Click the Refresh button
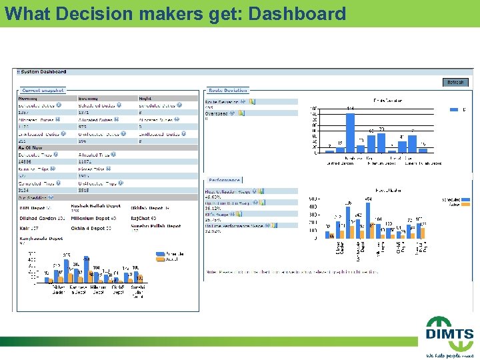(x=455, y=83)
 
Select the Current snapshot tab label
(x=43, y=90)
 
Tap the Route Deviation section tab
(x=227, y=90)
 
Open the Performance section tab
(x=224, y=180)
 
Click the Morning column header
(x=27, y=98)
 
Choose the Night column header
(x=145, y=98)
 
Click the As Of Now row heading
(x=30, y=148)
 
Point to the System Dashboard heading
(x=41, y=72)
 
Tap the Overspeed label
(x=216, y=113)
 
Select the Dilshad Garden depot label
(x=37, y=218)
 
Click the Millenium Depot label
(x=93, y=218)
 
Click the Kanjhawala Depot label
(x=39, y=237)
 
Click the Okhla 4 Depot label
(x=89, y=228)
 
